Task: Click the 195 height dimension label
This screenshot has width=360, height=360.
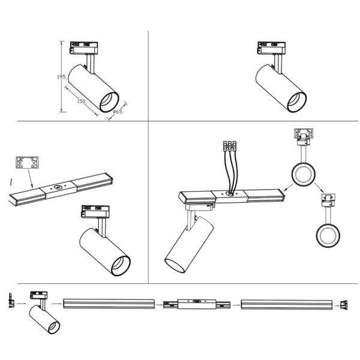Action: (61, 77)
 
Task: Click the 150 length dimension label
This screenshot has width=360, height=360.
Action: (81, 101)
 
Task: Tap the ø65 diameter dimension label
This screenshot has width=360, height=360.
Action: (118, 112)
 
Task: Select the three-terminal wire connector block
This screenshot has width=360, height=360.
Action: (230, 146)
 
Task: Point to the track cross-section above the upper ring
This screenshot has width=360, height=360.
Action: (304, 133)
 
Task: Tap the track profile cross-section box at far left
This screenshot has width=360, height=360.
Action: (27, 163)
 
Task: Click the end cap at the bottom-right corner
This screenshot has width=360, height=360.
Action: (344, 305)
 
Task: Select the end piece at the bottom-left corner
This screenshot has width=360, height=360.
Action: (11, 300)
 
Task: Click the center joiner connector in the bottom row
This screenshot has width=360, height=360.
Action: (197, 304)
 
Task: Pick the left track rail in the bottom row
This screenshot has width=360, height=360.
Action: (109, 304)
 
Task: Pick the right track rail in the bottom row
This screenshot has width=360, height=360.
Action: (287, 304)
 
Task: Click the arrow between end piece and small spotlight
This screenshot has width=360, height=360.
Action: (22, 304)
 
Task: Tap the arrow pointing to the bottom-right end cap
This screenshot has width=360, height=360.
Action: (337, 306)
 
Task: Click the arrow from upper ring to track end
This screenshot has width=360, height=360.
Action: (289, 188)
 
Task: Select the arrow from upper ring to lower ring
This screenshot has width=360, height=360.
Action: (319, 188)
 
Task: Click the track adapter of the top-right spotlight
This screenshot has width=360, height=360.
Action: (272, 48)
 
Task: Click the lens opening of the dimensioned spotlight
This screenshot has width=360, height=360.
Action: (109, 102)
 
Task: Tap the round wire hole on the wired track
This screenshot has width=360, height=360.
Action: (229, 194)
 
